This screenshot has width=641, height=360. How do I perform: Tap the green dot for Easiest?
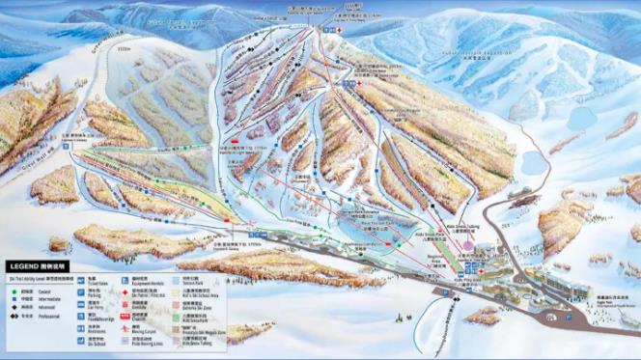point(14,291)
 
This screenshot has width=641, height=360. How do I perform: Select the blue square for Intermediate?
point(14,299)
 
